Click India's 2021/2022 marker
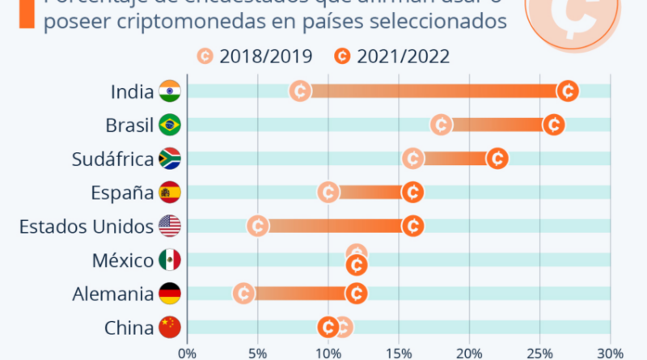pos(568,91)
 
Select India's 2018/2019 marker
pos(300,91)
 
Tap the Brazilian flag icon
pos(170,125)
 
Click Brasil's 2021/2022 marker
pos(553,125)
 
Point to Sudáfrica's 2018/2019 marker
pos(412,159)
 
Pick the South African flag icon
pos(170,159)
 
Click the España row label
pos(121,193)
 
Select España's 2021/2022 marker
pos(412,193)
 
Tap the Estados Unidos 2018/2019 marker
pos(258,227)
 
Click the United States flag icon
pos(170,227)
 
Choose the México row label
pos(123,260)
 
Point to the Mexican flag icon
pos(170,260)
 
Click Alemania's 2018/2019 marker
pos(243,294)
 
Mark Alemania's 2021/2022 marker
pos(356,294)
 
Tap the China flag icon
pos(170,328)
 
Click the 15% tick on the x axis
pos(398,353)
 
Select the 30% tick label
pos(610,353)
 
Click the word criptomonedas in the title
pos(206,20)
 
